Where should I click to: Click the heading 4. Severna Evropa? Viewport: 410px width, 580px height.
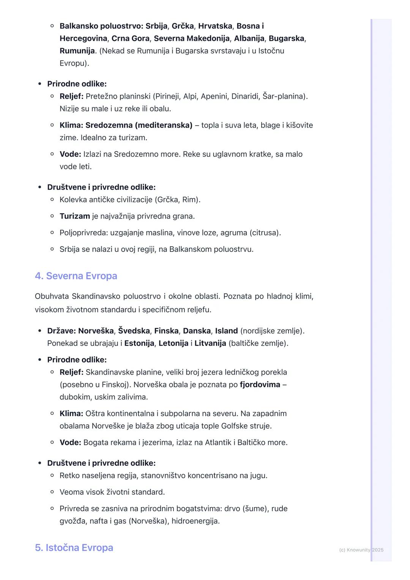pos(76,276)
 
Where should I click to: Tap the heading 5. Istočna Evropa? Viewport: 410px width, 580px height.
pos(74,548)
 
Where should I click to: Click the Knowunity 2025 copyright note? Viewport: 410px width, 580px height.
pos(361,550)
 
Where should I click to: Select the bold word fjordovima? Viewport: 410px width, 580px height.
pos(260,385)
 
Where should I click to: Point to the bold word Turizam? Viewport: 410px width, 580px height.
pos(75,216)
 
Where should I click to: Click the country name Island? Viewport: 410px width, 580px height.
pos(226,331)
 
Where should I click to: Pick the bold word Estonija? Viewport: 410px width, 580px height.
pos(139,344)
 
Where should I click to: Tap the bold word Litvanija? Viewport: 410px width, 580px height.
pos(210,344)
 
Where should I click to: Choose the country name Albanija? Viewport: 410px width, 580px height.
pos(249,38)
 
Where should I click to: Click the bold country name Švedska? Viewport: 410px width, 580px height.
pos(134,331)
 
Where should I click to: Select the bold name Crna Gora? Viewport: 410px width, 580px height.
pos(130,38)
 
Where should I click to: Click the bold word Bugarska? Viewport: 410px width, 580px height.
pos(287,38)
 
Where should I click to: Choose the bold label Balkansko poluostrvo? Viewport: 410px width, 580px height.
pos(101,26)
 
